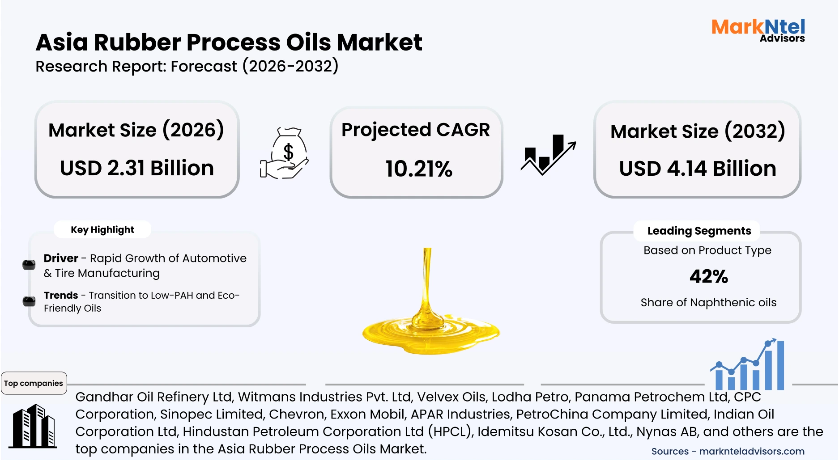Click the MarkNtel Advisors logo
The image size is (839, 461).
pyautogui.click(x=758, y=30)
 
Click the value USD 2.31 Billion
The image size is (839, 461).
pyautogui.click(x=137, y=169)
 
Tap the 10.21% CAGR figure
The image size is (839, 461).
pyautogui.click(x=419, y=169)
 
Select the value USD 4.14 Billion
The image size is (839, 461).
pyautogui.click(x=697, y=169)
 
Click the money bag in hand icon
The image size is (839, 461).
pyautogui.click(x=285, y=153)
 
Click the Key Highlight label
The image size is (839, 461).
pyautogui.click(x=102, y=230)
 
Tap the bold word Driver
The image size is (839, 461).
pyautogui.click(x=61, y=258)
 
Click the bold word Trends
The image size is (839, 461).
pyautogui.click(x=61, y=296)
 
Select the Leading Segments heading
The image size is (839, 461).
pyautogui.click(x=699, y=231)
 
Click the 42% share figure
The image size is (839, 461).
pyautogui.click(x=709, y=276)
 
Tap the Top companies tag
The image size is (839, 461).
pyautogui.click(x=34, y=383)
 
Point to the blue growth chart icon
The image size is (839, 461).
pyautogui.click(x=749, y=365)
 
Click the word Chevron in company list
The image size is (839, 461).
pyautogui.click(x=297, y=414)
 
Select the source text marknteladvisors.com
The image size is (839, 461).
pyautogui.click(x=752, y=452)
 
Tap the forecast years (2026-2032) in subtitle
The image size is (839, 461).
pyautogui.click(x=290, y=67)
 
